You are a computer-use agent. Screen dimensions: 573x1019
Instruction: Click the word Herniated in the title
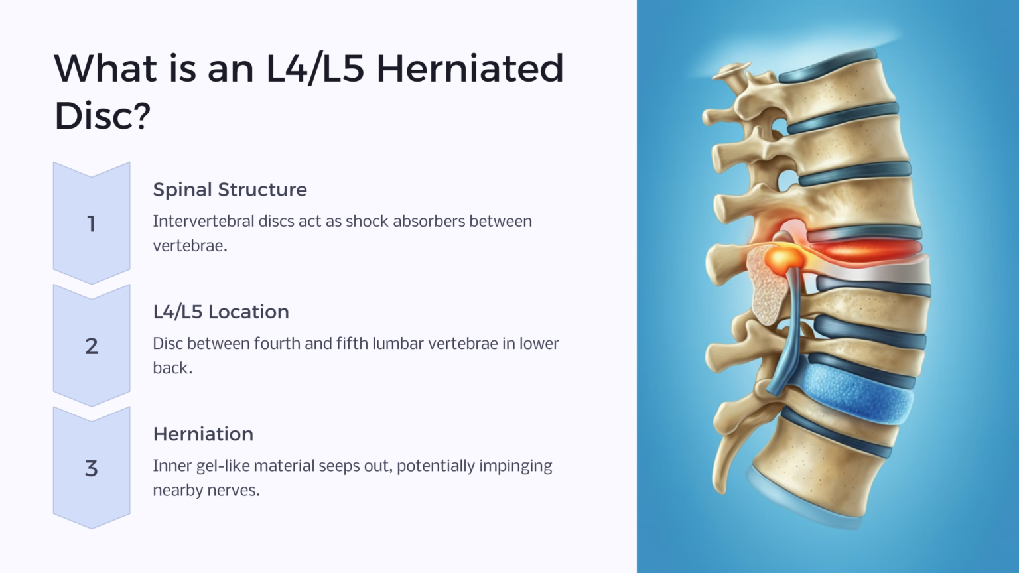coord(470,69)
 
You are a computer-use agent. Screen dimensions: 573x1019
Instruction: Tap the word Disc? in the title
coord(102,117)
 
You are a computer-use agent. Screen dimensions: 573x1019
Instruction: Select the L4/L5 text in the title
coord(314,69)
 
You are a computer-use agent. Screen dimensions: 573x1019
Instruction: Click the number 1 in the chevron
coord(92,224)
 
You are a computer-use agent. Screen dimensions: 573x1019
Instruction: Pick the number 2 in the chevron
coord(92,346)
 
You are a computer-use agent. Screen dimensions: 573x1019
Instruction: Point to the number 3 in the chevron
coord(92,469)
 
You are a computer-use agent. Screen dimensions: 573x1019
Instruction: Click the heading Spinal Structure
coord(230,190)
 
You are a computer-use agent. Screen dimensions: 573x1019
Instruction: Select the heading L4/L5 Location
coord(221,312)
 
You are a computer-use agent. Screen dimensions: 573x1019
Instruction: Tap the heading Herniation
coord(203,434)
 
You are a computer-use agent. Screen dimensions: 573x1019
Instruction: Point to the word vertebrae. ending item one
coord(190,246)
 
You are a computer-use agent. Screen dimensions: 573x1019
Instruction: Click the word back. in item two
coord(172,368)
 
